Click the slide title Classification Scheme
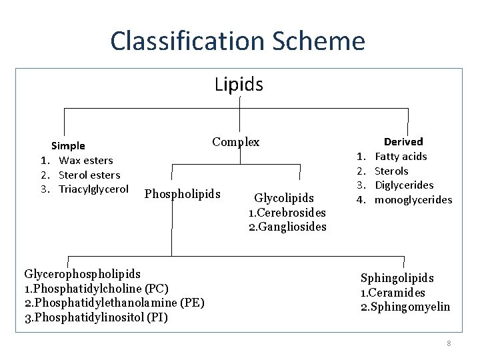point(238,41)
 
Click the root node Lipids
point(239,85)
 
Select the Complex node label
point(236,142)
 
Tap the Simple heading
point(68,145)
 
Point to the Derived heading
point(403,141)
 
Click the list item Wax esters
point(85,160)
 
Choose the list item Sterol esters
point(89,175)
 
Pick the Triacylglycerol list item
point(93,189)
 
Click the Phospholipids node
point(182,194)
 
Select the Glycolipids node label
point(284,198)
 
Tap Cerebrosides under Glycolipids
point(287,213)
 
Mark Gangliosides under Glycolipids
point(287,227)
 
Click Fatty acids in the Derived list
point(401,156)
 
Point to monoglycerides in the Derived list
point(413,199)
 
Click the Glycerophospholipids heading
point(82,274)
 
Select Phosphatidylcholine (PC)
point(96,289)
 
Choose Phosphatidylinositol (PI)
point(95,317)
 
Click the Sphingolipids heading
point(397,278)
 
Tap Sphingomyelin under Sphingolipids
point(405,307)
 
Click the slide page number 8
point(449,343)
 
